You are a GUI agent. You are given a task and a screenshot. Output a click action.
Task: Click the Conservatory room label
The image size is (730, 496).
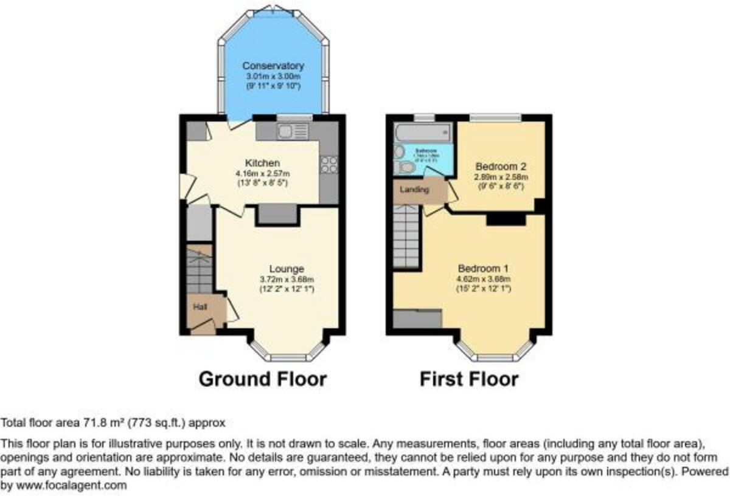273,66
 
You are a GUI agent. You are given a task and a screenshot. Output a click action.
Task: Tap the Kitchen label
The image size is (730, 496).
262,163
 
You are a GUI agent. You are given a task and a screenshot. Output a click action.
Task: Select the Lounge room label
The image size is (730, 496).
287,269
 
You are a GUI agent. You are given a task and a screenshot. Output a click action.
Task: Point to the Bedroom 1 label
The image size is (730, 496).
484,268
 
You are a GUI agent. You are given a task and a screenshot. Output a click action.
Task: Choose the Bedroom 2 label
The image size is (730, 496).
501,166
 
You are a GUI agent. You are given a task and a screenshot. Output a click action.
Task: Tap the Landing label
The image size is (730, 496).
414,190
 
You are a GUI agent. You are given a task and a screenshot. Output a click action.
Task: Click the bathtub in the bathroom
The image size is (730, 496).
422,131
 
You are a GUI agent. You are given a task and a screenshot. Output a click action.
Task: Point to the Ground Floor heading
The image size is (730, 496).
263,379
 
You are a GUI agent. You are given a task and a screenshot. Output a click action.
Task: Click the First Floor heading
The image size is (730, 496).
469,379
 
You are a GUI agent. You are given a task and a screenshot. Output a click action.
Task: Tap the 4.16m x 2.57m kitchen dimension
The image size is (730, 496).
262,173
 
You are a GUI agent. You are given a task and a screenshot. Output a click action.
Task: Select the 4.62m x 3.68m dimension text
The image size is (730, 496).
484,279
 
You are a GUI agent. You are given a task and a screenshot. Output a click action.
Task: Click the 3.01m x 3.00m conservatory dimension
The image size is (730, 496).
273,77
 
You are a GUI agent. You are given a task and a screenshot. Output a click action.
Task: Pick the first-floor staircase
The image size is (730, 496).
406,237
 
